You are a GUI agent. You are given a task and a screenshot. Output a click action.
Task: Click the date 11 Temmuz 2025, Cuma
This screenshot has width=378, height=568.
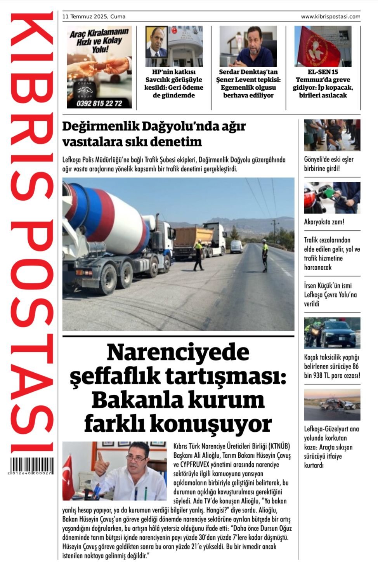94,17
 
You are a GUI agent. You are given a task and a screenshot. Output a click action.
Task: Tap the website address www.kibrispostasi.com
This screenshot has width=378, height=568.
330,17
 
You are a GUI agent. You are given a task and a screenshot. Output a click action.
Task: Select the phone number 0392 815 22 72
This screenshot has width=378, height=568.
99,103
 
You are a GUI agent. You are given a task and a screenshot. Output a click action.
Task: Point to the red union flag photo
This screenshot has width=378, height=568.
323,46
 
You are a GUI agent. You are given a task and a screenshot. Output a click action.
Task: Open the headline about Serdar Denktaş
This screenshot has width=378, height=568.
248,83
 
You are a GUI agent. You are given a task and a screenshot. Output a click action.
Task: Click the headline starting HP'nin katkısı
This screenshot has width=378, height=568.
174,83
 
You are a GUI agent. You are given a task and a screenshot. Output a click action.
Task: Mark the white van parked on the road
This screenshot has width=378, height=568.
236,247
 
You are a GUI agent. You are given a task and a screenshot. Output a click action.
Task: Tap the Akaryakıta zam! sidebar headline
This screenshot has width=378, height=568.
324,222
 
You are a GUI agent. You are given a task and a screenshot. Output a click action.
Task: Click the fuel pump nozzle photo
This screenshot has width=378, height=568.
332,198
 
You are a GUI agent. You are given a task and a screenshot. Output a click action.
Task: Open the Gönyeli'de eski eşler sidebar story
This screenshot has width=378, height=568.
329,164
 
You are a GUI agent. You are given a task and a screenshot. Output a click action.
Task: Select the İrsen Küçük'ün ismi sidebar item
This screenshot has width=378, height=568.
330,295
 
